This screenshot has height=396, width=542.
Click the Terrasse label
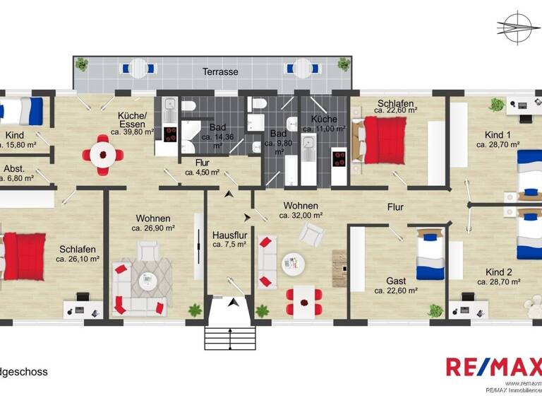coord(220,72)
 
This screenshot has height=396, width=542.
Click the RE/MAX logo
coord(493,367)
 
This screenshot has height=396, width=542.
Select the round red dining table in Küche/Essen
coord(104,153)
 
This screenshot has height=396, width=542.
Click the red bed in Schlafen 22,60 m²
coord(384,140)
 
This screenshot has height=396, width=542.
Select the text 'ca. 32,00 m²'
coord(301,216)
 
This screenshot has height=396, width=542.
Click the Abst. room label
coord(14,169)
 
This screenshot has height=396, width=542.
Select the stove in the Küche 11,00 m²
coord(339,162)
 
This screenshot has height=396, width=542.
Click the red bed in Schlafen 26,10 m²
coord(25,257)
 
